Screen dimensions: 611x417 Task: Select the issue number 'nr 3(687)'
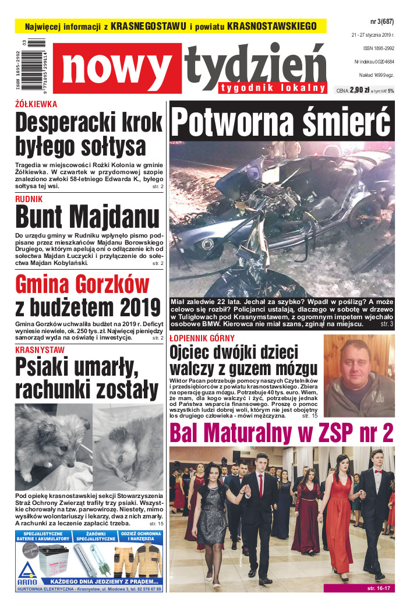point(381,22)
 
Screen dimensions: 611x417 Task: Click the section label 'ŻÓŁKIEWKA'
point(36,104)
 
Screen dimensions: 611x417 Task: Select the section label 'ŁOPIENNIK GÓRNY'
point(202,338)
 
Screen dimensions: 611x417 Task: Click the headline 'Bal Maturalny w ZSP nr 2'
point(281,433)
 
